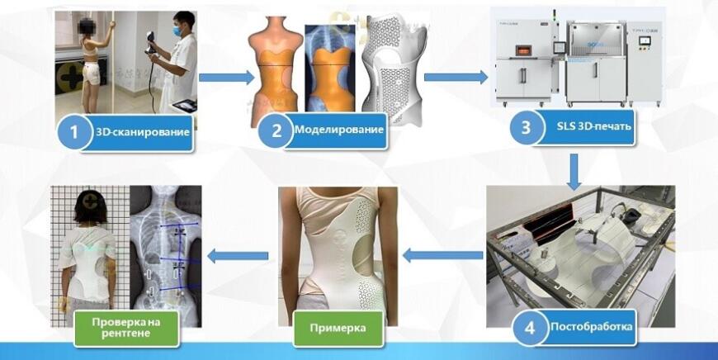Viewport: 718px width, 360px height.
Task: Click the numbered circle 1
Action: [73, 132]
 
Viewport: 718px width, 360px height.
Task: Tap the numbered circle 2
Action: [276, 130]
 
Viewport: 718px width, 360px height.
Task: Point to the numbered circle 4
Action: [529, 328]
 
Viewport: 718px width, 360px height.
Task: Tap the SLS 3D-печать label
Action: [593, 127]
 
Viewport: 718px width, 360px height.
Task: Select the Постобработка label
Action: [591, 327]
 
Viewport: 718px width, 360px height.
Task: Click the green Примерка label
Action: [338, 329]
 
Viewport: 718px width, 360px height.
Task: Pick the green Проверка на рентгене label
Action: [126, 328]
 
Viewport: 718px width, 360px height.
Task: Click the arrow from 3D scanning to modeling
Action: [227, 78]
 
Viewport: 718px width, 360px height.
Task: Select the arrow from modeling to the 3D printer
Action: [456, 77]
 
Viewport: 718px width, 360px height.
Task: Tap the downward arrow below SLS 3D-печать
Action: [574, 172]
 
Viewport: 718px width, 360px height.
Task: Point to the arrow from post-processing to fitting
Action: [442, 255]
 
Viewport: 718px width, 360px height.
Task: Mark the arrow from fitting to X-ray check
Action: [238, 256]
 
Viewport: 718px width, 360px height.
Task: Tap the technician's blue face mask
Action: [177, 31]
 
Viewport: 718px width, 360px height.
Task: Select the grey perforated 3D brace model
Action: [394, 69]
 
